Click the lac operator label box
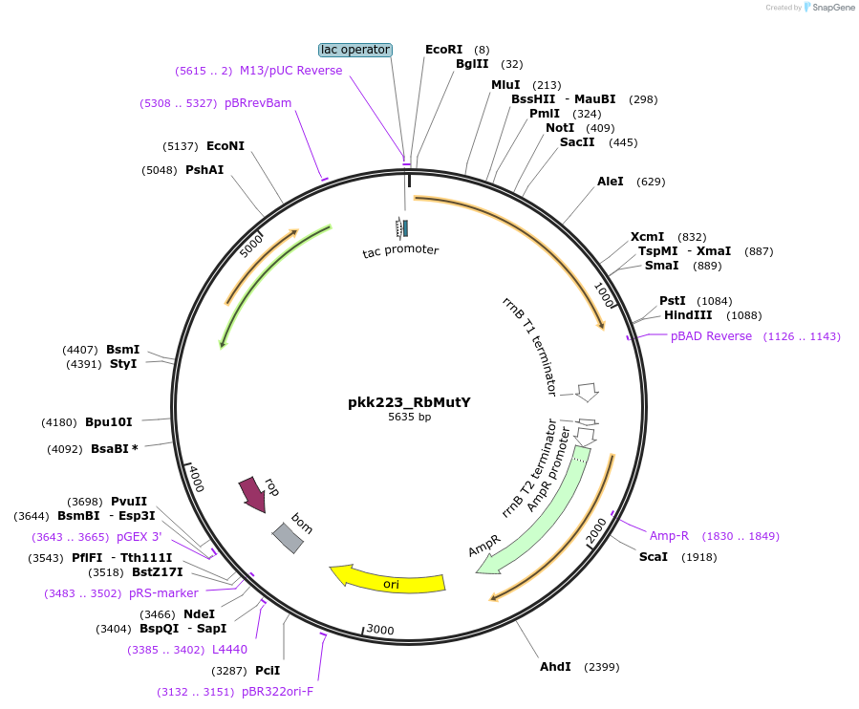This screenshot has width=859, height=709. [x=354, y=50]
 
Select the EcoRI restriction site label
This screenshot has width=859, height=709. [x=443, y=50]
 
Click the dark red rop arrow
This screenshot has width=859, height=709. [x=253, y=494]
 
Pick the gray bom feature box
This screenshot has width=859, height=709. [x=288, y=538]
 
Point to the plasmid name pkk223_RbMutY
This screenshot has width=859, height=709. [x=409, y=402]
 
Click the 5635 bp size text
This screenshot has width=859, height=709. [x=409, y=418]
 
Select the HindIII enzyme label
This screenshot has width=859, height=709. [x=686, y=315]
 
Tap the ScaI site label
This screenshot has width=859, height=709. [x=654, y=557]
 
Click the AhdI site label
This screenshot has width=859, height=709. [x=555, y=666]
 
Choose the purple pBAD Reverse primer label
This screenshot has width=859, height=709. [x=711, y=336]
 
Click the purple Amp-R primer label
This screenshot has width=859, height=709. [x=669, y=536]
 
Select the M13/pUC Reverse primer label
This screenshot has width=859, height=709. [x=290, y=71]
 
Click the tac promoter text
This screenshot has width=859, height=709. [x=400, y=250]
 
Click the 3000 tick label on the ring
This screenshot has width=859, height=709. [x=380, y=630]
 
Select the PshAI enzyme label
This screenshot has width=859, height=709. [x=204, y=170]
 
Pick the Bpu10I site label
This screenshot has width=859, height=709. [x=108, y=422]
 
